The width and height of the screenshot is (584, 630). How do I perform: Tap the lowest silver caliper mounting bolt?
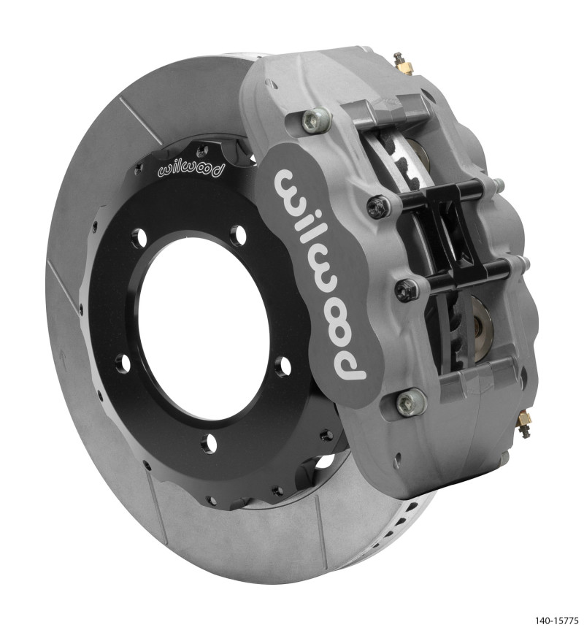[410, 401]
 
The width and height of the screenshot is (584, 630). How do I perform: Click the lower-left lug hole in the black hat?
[123, 362]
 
